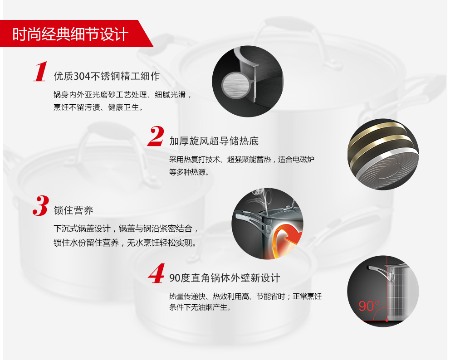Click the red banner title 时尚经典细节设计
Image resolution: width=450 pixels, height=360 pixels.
pos(70,34)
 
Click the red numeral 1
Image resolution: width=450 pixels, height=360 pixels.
pos(40,72)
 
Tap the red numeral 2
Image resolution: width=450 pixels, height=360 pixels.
pos(156,136)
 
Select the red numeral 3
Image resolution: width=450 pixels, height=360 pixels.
pos(41,205)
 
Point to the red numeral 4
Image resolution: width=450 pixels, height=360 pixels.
pos(157,273)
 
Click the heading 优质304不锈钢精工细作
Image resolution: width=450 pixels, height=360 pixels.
pos(107,76)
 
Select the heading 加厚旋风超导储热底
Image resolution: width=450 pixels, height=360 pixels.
pos(214,141)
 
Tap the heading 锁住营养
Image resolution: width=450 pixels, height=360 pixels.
pos(73,210)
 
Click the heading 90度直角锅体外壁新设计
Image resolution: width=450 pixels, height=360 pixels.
pos(225,277)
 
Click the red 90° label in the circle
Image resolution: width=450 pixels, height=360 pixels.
pos(369,306)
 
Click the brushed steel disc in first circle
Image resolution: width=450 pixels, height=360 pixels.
pos(236,85)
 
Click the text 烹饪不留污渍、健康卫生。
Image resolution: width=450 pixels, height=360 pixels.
pos(98,107)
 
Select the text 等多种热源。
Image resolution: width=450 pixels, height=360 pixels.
pos(189,172)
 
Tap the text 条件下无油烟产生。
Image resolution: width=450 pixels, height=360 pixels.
pos(200,307)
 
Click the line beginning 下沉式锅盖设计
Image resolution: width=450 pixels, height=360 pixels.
pos(126,229)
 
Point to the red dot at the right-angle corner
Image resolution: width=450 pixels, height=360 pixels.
pos(387,320)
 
